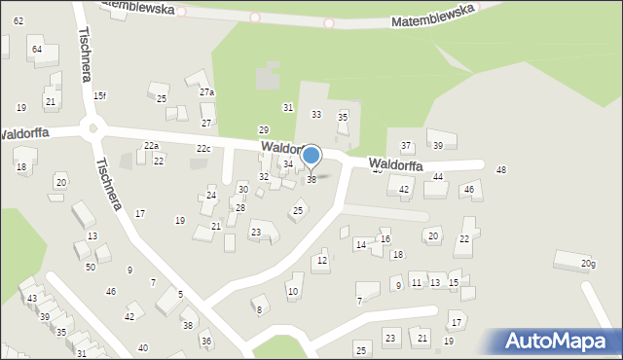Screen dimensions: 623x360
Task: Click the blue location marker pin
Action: pos(311,157)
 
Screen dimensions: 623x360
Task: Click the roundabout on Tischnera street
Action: pos(94,127)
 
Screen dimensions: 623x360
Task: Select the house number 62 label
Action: pos(18,20)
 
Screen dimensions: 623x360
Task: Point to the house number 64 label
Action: pos(36,49)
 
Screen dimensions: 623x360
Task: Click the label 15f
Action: pos(99,95)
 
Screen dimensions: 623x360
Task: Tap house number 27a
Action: pos(206,92)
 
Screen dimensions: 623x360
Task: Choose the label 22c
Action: pos(203,149)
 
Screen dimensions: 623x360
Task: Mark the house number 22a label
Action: pos(151,145)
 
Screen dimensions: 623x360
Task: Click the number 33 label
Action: pos(316,115)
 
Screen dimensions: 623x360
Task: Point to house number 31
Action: pos(287,106)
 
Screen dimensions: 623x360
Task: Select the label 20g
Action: pos(588,264)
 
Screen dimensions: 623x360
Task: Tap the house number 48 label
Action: pos(501,170)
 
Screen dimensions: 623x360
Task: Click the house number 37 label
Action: pos(407,146)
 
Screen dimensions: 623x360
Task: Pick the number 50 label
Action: pos(91,267)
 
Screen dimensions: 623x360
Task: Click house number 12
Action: pos(322,260)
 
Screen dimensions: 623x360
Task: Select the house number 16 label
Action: pos(385,238)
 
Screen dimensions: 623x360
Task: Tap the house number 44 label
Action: pos(438,177)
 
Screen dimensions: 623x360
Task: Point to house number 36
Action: pos(205,341)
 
